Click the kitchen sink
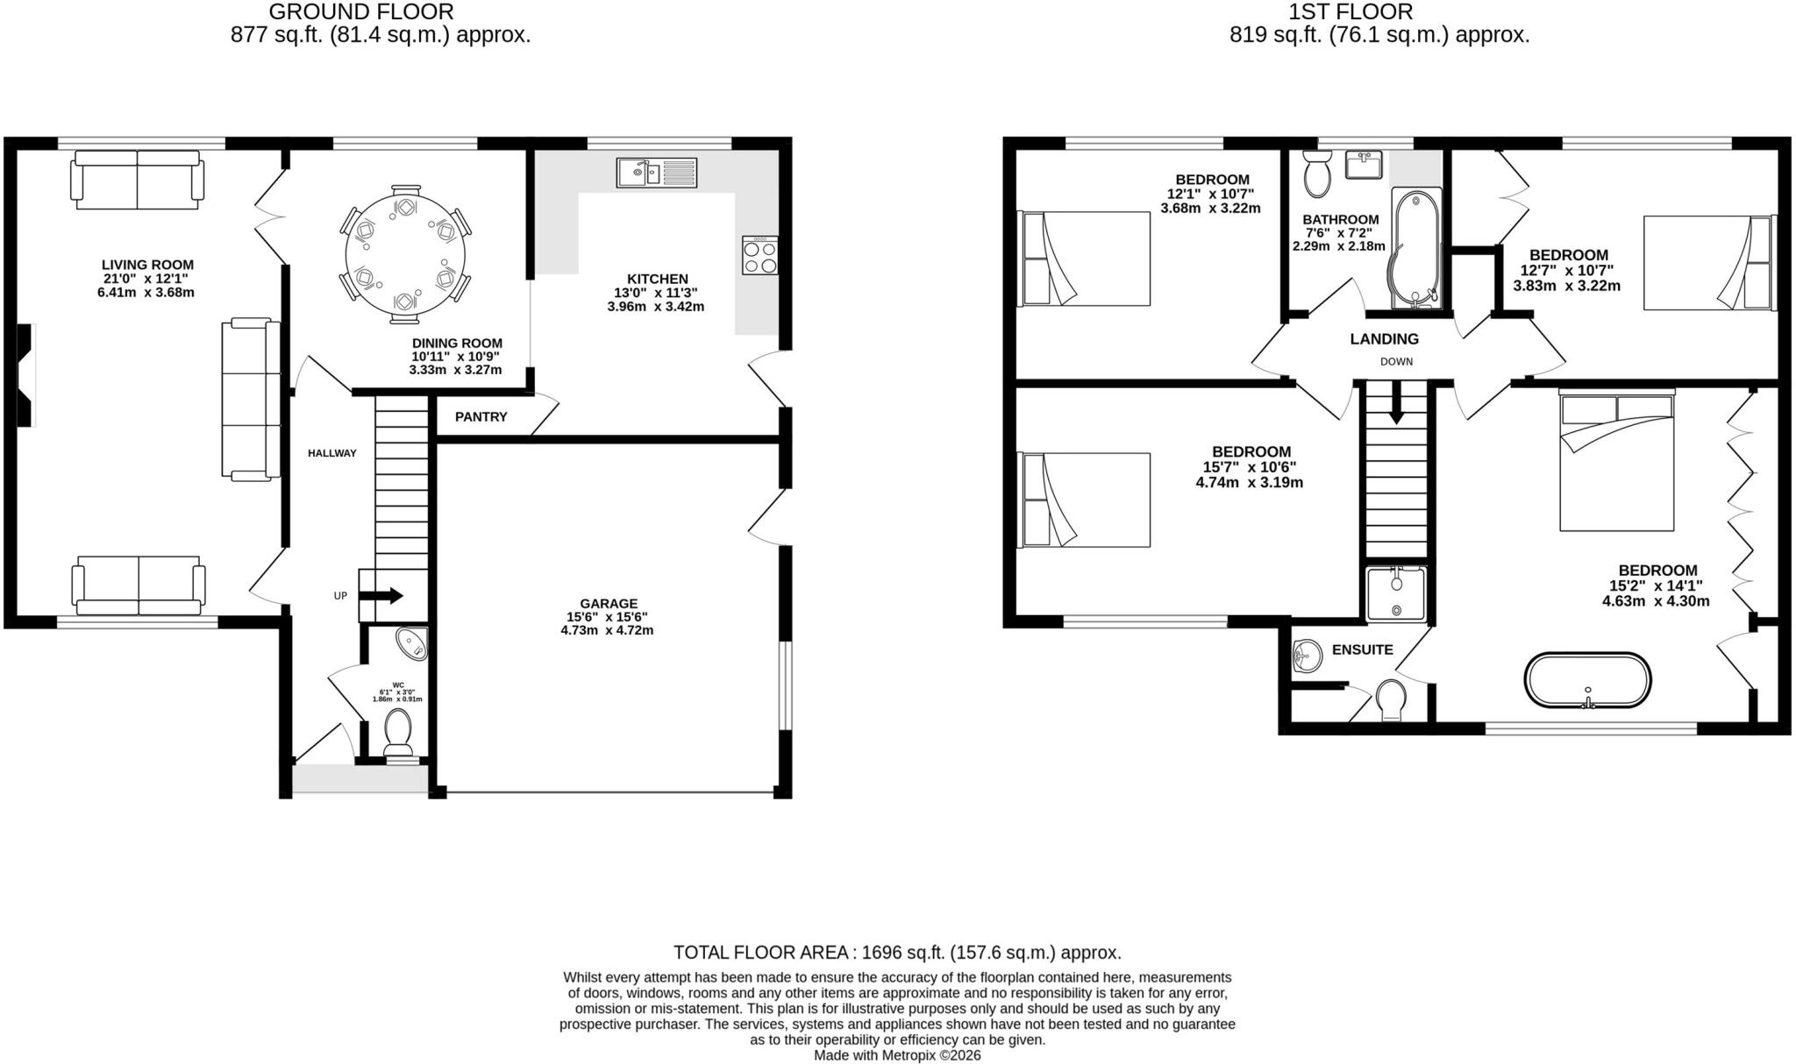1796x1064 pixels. click(657, 173)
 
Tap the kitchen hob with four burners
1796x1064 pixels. click(759, 255)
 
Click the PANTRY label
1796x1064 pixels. click(481, 417)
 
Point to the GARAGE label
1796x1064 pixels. click(608, 604)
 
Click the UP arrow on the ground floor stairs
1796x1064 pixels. click(381, 596)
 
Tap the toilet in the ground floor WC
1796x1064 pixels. click(398, 733)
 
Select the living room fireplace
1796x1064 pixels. click(26, 375)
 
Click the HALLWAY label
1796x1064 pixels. click(332, 453)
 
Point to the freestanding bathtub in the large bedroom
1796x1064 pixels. click(1587, 680)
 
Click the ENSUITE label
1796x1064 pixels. click(1362, 649)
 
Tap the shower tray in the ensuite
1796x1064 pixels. click(1396, 592)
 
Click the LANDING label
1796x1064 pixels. click(1384, 339)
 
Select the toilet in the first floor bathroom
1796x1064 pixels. click(1317, 174)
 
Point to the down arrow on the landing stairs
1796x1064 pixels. click(1396, 410)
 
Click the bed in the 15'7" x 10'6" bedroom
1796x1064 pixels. click(1084, 500)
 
